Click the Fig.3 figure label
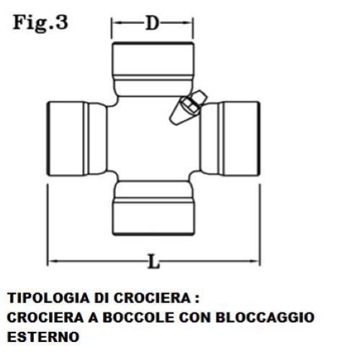tap(40, 23)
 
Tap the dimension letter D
tap(153, 23)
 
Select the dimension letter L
tap(153, 261)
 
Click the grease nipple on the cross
tap(189, 107)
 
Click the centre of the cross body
tap(153, 139)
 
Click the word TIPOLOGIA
tap(48, 298)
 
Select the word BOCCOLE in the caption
tap(138, 318)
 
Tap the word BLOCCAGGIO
tap(265, 318)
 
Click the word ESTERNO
tap(43, 337)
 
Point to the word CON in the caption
tap(194, 318)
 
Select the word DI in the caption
tap(101, 298)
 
